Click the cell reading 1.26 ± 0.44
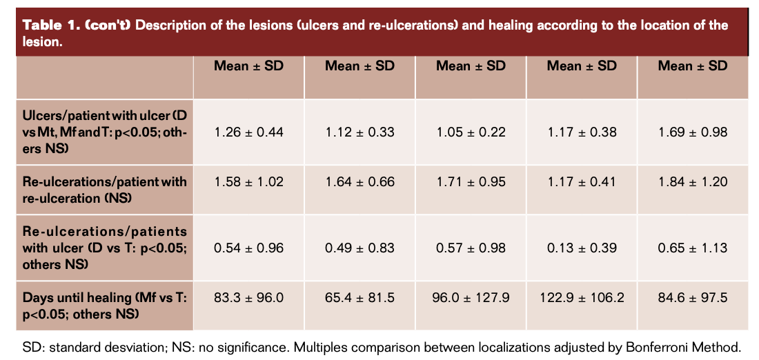tap(248, 132)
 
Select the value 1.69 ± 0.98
tap(693, 132)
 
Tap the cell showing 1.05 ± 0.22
tap(471, 132)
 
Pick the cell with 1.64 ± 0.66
tap(359, 182)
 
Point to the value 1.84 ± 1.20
tap(693, 182)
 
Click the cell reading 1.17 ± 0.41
tap(582, 182)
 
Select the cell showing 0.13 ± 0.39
tap(582, 248)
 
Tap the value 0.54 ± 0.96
tap(248, 248)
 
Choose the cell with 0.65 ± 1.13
tap(693, 248)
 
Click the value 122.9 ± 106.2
tap(582, 298)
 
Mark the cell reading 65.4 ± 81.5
tap(359, 298)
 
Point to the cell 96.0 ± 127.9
tap(471, 298)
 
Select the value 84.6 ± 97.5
tap(693, 298)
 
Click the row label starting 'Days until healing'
tap(104, 304)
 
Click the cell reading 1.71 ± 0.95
tap(471, 182)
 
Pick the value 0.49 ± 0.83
tap(359, 248)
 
